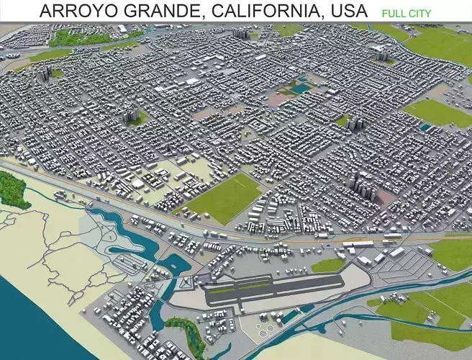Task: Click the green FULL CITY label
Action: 407,13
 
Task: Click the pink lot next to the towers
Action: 386,196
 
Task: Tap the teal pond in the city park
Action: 300,89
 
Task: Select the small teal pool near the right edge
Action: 426,127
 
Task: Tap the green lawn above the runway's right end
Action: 328,266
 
